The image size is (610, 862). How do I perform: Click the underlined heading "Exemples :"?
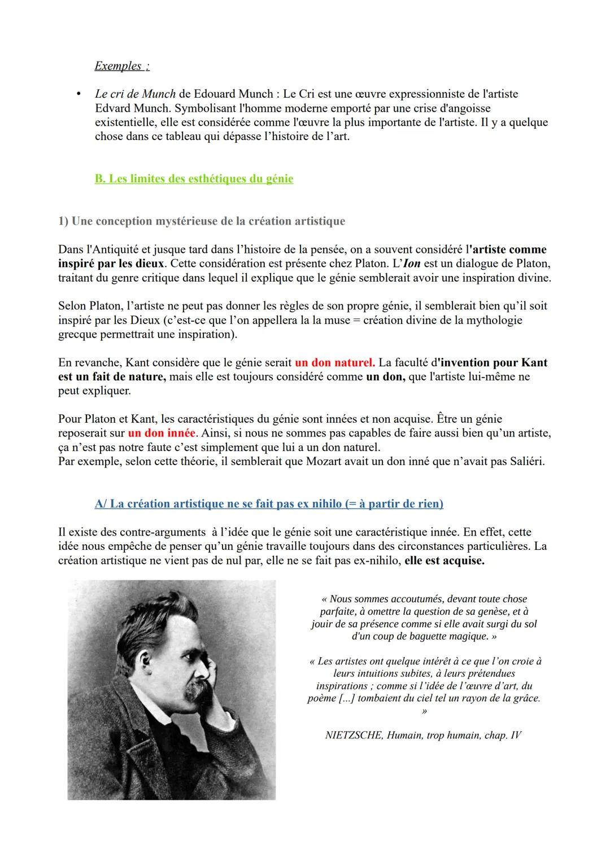(121, 66)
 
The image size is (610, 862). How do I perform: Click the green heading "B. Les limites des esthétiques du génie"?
(194, 179)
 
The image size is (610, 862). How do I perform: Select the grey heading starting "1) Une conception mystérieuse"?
(201, 221)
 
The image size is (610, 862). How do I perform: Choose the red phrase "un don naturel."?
(335, 362)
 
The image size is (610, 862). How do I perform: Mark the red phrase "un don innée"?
(162, 434)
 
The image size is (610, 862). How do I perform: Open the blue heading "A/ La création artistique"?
(269, 504)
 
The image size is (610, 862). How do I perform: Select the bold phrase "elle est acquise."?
(445, 561)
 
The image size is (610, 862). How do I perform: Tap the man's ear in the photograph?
(187, 649)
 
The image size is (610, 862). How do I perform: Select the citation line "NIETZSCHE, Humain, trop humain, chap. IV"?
(424, 735)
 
